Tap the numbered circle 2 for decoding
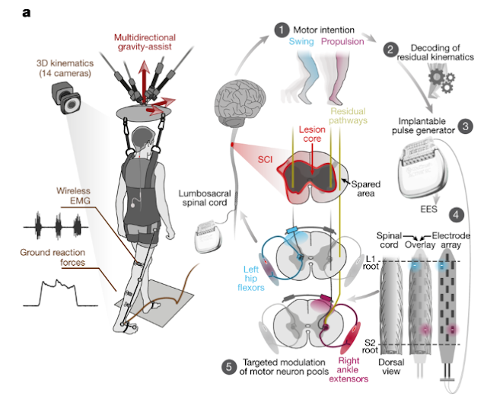(390, 49)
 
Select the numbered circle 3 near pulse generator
(466, 124)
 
